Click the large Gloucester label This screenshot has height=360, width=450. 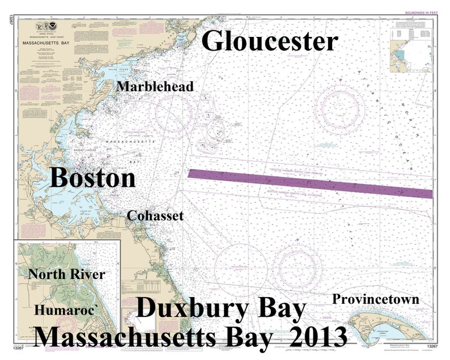pyautogui.click(x=270, y=41)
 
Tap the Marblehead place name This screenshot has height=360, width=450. pyautogui.click(x=155, y=86)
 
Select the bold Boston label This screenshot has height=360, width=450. pyautogui.click(x=94, y=178)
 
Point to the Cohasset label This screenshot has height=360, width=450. pyautogui.click(x=155, y=215)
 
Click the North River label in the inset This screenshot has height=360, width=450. pyautogui.click(x=67, y=274)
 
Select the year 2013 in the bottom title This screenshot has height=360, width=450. pyautogui.click(x=318, y=337)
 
